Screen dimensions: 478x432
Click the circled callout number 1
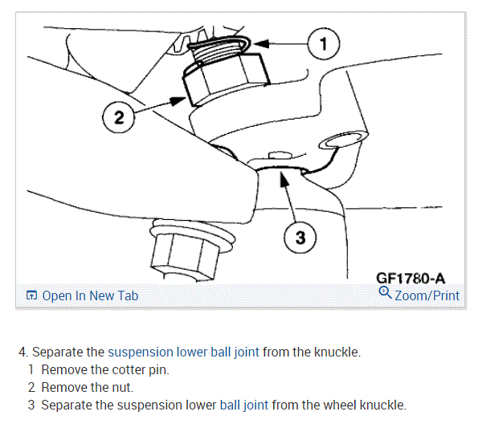tap(324, 43)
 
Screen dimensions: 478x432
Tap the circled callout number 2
tap(118, 117)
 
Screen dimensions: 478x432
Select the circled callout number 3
tap(300, 238)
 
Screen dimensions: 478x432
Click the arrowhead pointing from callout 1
tap(261, 44)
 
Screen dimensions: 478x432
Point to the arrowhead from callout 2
tap(178, 100)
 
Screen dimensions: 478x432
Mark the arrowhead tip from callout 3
tap(281, 171)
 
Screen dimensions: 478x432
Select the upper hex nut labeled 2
tap(226, 79)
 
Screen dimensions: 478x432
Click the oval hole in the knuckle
tap(342, 141)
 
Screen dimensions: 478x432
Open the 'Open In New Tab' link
tap(90, 295)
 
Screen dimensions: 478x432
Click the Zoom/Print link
tap(427, 295)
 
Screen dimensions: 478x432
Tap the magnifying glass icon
tap(385, 292)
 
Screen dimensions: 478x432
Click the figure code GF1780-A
tap(411, 279)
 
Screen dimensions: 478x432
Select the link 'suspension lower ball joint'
tap(183, 353)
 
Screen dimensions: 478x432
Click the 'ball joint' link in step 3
tap(244, 406)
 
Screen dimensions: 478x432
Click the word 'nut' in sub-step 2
tap(123, 388)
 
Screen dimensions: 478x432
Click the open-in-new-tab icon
tap(31, 295)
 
